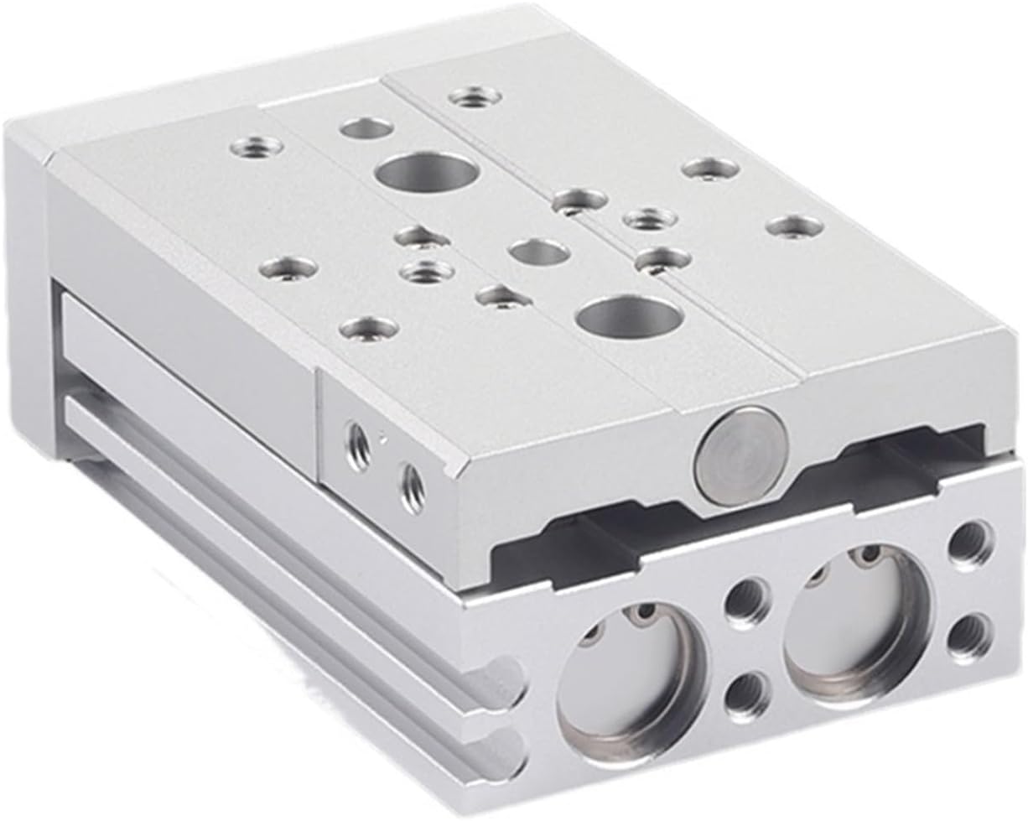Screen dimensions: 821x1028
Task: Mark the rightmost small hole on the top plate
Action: (x=793, y=226)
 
